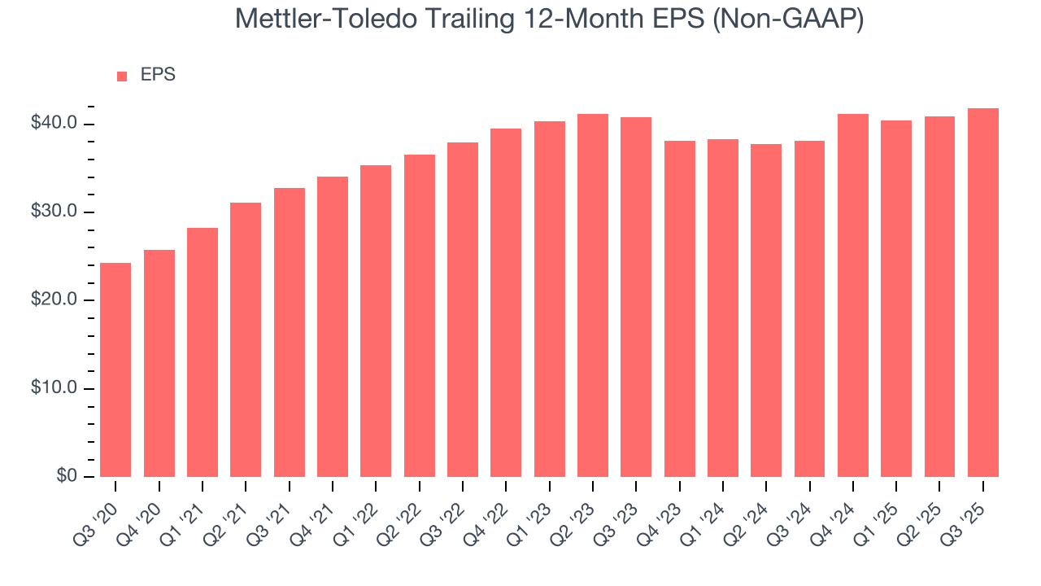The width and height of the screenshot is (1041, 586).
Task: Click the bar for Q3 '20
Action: click(115, 370)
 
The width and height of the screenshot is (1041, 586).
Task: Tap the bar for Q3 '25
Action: click(982, 292)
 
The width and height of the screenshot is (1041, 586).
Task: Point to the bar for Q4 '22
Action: click(506, 303)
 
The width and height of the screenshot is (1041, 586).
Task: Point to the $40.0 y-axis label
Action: click(54, 124)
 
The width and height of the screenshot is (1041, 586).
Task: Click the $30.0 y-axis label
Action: click(54, 212)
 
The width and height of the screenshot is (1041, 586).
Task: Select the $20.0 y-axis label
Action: click(54, 300)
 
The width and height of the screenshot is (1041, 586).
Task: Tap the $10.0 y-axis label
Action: click(54, 388)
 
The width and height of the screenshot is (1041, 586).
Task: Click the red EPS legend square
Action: click(122, 76)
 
